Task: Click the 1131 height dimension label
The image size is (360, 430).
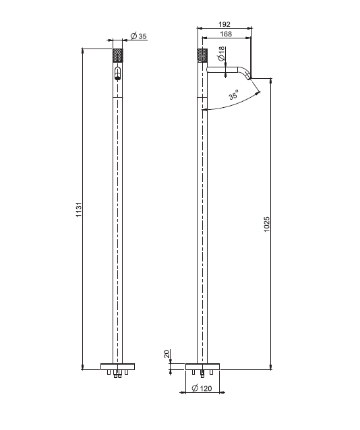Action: pos(79,210)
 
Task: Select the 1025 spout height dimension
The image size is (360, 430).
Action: pos(267,224)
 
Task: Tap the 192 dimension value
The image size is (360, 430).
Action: pos(224,24)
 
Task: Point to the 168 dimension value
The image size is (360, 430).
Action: pos(226,34)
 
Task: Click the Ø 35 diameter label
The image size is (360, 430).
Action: pos(139,36)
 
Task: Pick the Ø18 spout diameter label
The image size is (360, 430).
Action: pos(221,54)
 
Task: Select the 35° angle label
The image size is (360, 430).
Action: pos(234,94)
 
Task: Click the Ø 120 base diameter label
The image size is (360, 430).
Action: pos(202,388)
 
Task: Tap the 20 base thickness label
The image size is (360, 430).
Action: pos(167,353)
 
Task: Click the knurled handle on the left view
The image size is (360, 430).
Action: pos(118,55)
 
